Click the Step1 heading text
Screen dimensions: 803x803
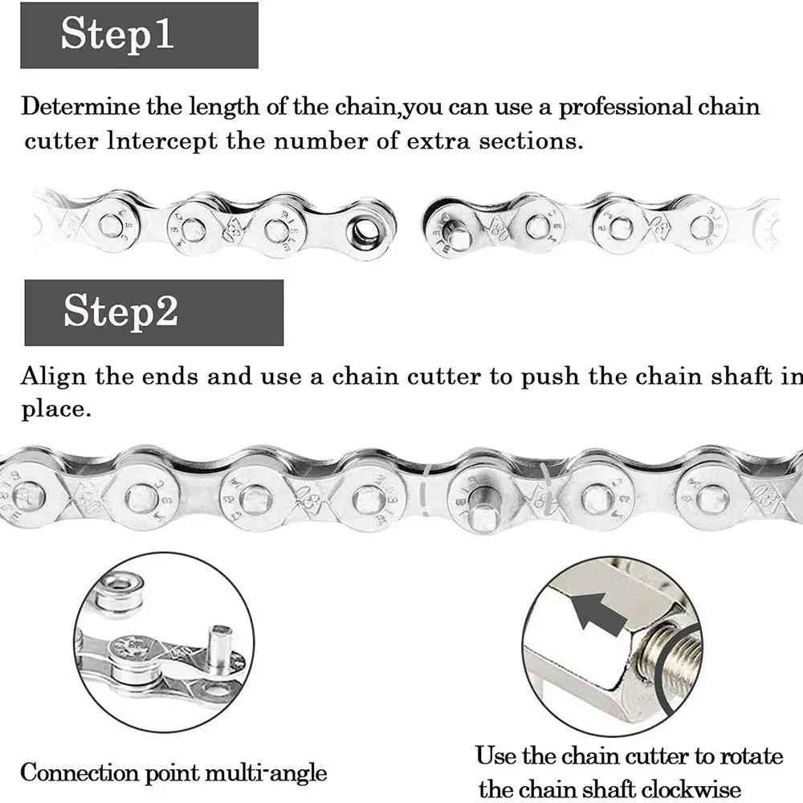coord(117,35)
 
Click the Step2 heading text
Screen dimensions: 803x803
coord(121,311)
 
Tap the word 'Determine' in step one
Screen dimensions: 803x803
coord(79,107)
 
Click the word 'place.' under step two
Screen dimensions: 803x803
coord(56,410)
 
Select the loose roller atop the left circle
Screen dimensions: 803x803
coord(121,589)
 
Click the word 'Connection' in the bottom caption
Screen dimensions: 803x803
coord(79,772)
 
